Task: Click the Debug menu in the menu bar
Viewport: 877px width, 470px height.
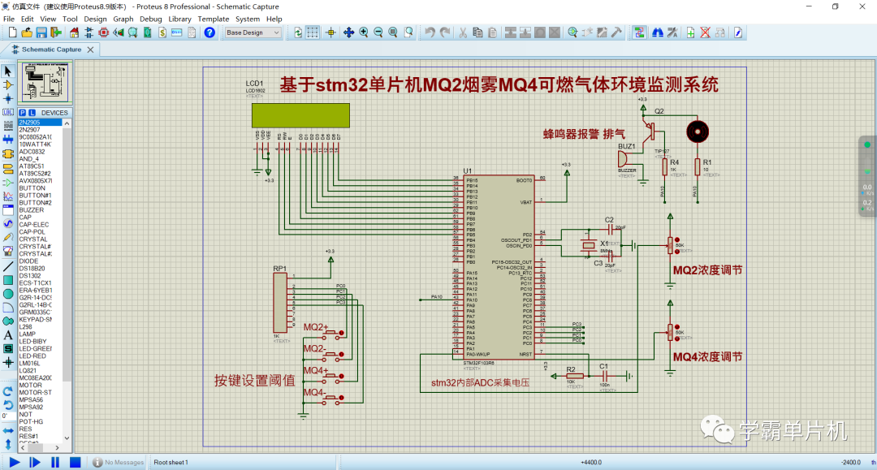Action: [150, 19]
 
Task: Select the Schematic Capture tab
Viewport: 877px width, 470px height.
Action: [50, 49]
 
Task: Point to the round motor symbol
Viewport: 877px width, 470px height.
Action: [696, 131]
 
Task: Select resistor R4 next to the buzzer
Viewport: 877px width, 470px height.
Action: [663, 166]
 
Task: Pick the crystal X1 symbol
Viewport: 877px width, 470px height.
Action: [589, 246]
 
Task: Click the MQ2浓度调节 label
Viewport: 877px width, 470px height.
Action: [707, 269]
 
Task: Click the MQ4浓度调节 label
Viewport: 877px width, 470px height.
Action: [707, 356]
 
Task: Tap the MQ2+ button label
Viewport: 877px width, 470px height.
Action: [316, 327]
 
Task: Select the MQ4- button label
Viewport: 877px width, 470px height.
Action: [315, 393]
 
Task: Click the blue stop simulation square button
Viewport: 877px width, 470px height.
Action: [75, 462]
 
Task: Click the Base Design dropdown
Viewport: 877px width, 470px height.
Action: [253, 32]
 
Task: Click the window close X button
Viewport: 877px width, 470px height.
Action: [862, 6]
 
